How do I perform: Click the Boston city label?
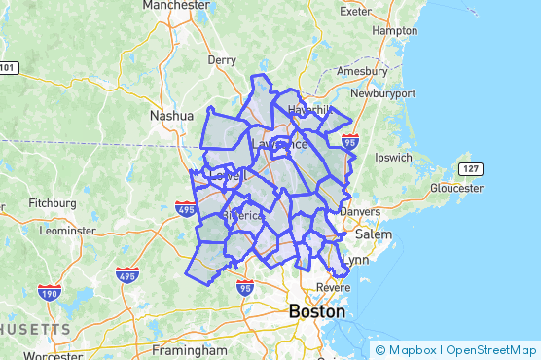pyautogui.click(x=316, y=312)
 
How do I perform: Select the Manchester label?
pyautogui.click(x=176, y=5)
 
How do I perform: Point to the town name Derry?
pyautogui.click(x=222, y=59)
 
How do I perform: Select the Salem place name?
pyautogui.click(x=373, y=234)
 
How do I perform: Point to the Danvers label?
pyautogui.click(x=360, y=211)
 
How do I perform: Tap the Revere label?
pyautogui.click(x=334, y=288)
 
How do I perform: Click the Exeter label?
pyautogui.click(x=358, y=12)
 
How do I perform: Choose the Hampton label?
pyautogui.click(x=394, y=30)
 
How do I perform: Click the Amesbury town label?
pyautogui.click(x=362, y=72)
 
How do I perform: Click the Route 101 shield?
pyautogui.click(x=7, y=67)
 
